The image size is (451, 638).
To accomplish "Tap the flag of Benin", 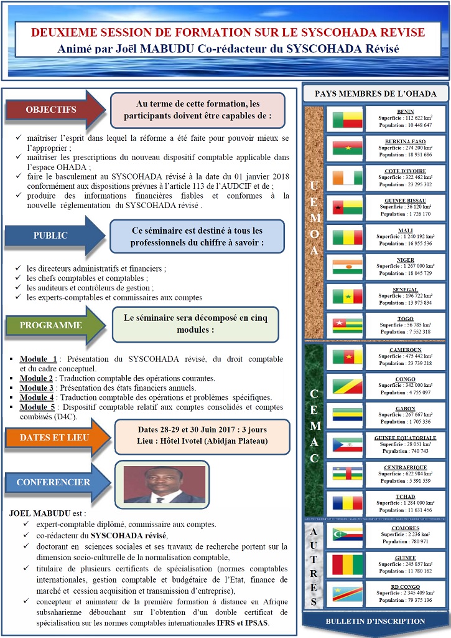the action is (x=347, y=119).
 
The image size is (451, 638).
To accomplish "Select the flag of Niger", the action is (x=347, y=267).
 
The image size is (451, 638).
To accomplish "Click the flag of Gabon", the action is (x=347, y=415).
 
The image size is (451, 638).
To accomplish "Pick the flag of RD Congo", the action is (x=347, y=593).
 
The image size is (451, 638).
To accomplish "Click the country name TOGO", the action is (x=406, y=318).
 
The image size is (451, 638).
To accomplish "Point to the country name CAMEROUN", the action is (x=406, y=350).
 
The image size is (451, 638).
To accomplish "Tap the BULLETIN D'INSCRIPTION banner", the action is (x=376, y=621).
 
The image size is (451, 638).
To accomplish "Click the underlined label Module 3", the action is (x=37, y=388).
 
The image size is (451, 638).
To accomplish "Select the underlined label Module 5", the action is (x=37, y=407).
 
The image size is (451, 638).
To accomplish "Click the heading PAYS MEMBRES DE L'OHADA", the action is (x=376, y=93).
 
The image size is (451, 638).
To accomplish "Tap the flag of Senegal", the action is (x=347, y=297).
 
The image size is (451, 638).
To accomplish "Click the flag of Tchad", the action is (x=347, y=503).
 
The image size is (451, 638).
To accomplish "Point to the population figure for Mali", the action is (x=406, y=244).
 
